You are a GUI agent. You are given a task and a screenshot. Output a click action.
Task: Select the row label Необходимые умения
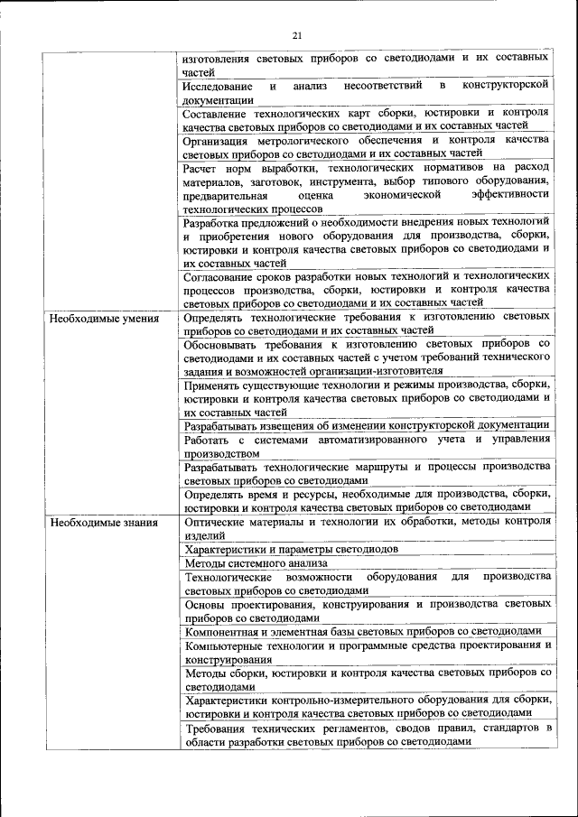(x=105, y=318)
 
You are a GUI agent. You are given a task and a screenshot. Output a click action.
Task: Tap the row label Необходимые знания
(x=105, y=522)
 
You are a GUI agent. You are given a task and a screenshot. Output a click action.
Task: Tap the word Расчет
(x=200, y=169)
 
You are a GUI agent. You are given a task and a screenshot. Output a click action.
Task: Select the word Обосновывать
(x=223, y=344)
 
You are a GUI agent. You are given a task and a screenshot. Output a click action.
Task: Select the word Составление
(x=219, y=114)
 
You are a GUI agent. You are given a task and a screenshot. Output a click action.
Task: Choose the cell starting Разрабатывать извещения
(x=366, y=425)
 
